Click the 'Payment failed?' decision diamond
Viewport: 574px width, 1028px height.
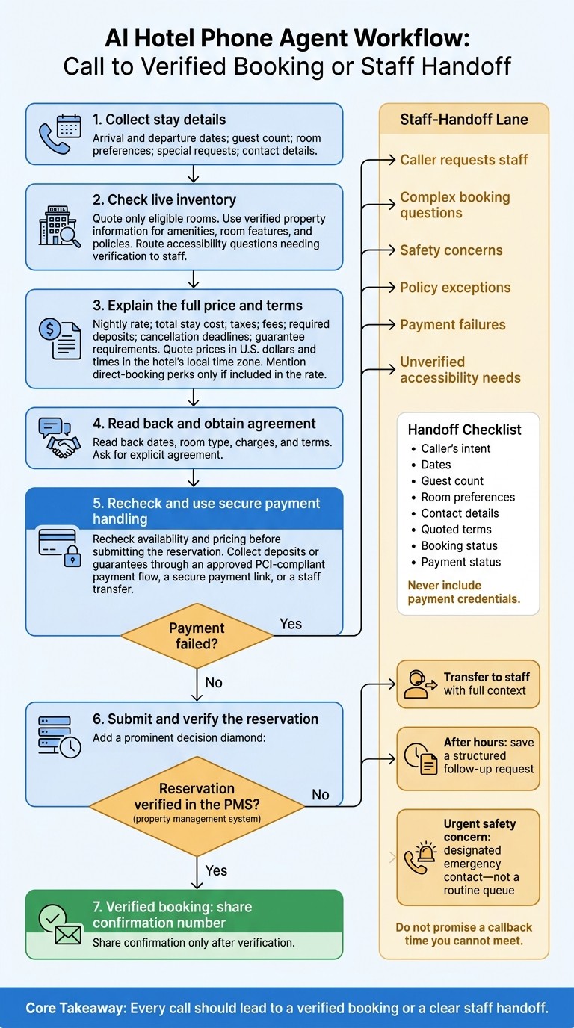click(197, 636)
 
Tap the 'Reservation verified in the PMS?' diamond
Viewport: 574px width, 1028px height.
click(197, 806)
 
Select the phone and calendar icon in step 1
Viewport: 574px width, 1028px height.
click(60, 134)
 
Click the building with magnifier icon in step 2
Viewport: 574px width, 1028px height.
click(60, 226)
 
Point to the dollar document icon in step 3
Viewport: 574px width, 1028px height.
click(60, 338)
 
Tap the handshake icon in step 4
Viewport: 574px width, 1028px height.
click(60, 438)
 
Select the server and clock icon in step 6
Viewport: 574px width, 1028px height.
click(60, 737)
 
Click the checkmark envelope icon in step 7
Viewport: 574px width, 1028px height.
click(60, 924)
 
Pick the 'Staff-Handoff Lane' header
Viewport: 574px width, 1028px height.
click(464, 120)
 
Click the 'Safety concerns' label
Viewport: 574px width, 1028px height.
click(451, 250)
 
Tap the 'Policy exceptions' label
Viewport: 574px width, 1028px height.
click(455, 288)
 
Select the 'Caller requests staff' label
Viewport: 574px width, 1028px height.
click(464, 160)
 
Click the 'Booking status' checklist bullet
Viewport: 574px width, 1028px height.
click(459, 545)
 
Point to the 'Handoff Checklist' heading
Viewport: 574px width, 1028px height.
click(464, 430)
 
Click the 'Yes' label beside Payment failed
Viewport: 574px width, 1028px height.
click(291, 624)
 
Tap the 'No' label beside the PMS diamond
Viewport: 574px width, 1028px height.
click(321, 794)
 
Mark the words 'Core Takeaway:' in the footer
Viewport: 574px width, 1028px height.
click(75, 1008)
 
